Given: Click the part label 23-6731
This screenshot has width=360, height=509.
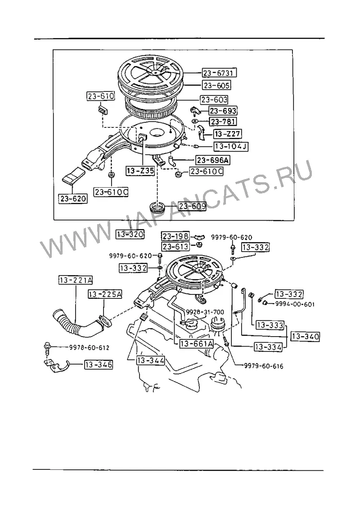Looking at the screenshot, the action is click(x=219, y=73).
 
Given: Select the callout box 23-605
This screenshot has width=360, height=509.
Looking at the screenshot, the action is click(x=216, y=86).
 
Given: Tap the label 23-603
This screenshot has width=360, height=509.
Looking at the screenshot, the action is click(x=214, y=99).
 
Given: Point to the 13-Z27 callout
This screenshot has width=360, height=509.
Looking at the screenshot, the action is click(x=228, y=134).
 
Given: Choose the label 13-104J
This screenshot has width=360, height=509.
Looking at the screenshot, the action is click(x=231, y=146).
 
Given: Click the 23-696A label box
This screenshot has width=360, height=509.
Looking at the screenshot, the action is click(x=212, y=160).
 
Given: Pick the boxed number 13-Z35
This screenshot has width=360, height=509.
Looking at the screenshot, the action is click(x=140, y=171).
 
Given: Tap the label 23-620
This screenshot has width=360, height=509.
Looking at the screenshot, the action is click(x=73, y=198).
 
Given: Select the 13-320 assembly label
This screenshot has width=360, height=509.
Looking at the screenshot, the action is click(x=130, y=234).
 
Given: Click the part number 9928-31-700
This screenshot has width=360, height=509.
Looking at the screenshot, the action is click(x=205, y=312).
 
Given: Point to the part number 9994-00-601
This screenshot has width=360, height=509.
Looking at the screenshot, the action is click(x=295, y=304).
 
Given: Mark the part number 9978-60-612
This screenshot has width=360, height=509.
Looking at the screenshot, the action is click(x=89, y=348).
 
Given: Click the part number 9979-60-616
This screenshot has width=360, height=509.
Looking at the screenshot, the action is click(x=264, y=366).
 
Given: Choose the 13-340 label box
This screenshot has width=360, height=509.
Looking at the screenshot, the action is click(x=305, y=336).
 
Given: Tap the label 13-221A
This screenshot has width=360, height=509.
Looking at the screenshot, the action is click(x=75, y=280).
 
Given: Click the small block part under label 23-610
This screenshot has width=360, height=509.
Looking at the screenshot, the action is click(x=103, y=110).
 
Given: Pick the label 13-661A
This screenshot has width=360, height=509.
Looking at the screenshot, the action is click(x=196, y=343).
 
